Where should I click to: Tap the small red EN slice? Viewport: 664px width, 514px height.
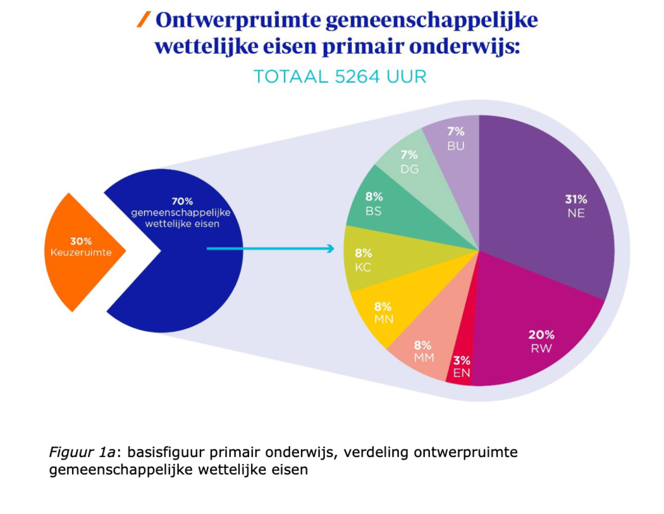coord(460,363)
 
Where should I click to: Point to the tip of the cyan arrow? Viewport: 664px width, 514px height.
coord(333,248)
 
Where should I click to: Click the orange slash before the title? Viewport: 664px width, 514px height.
coord(143,21)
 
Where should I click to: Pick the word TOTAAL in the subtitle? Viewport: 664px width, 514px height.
coord(284,76)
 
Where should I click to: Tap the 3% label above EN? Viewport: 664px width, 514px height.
coord(462,360)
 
